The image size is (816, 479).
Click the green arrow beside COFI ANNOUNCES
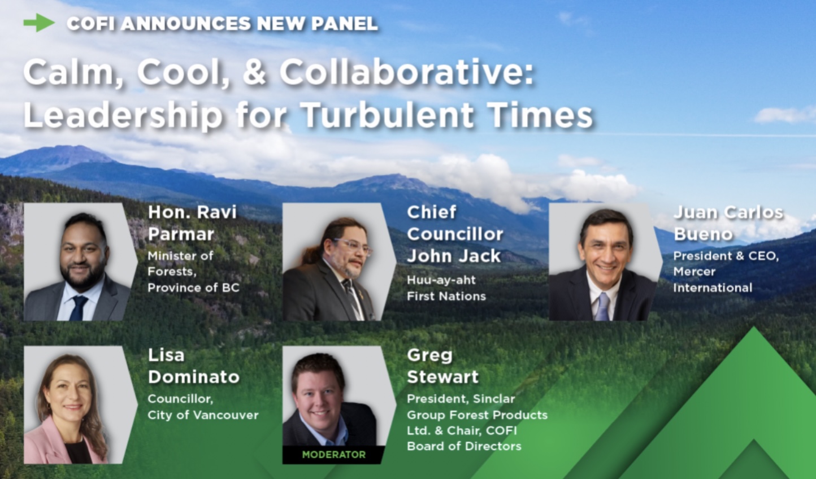click(39, 23)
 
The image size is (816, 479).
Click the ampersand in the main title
click(255, 73)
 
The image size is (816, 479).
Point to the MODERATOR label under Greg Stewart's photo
click(333, 455)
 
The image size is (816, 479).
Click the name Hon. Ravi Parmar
click(192, 223)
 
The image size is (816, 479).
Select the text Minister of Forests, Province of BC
click(193, 272)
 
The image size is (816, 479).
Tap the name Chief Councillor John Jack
click(455, 234)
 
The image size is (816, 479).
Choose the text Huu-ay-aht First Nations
click(446, 288)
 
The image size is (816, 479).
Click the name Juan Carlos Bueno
click(728, 223)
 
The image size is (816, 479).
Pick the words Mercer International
click(713, 280)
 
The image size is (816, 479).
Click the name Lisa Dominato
click(193, 366)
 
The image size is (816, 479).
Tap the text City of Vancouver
click(203, 415)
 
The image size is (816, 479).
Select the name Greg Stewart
click(442, 366)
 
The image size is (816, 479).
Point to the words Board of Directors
click(464, 446)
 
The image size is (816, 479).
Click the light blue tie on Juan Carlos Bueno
click(602, 307)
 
